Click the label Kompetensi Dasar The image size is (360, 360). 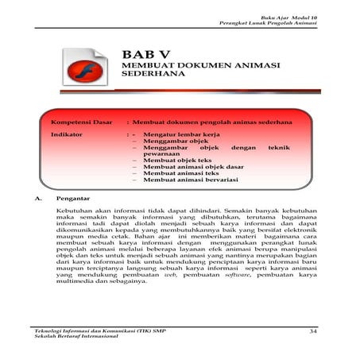point(82,122)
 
